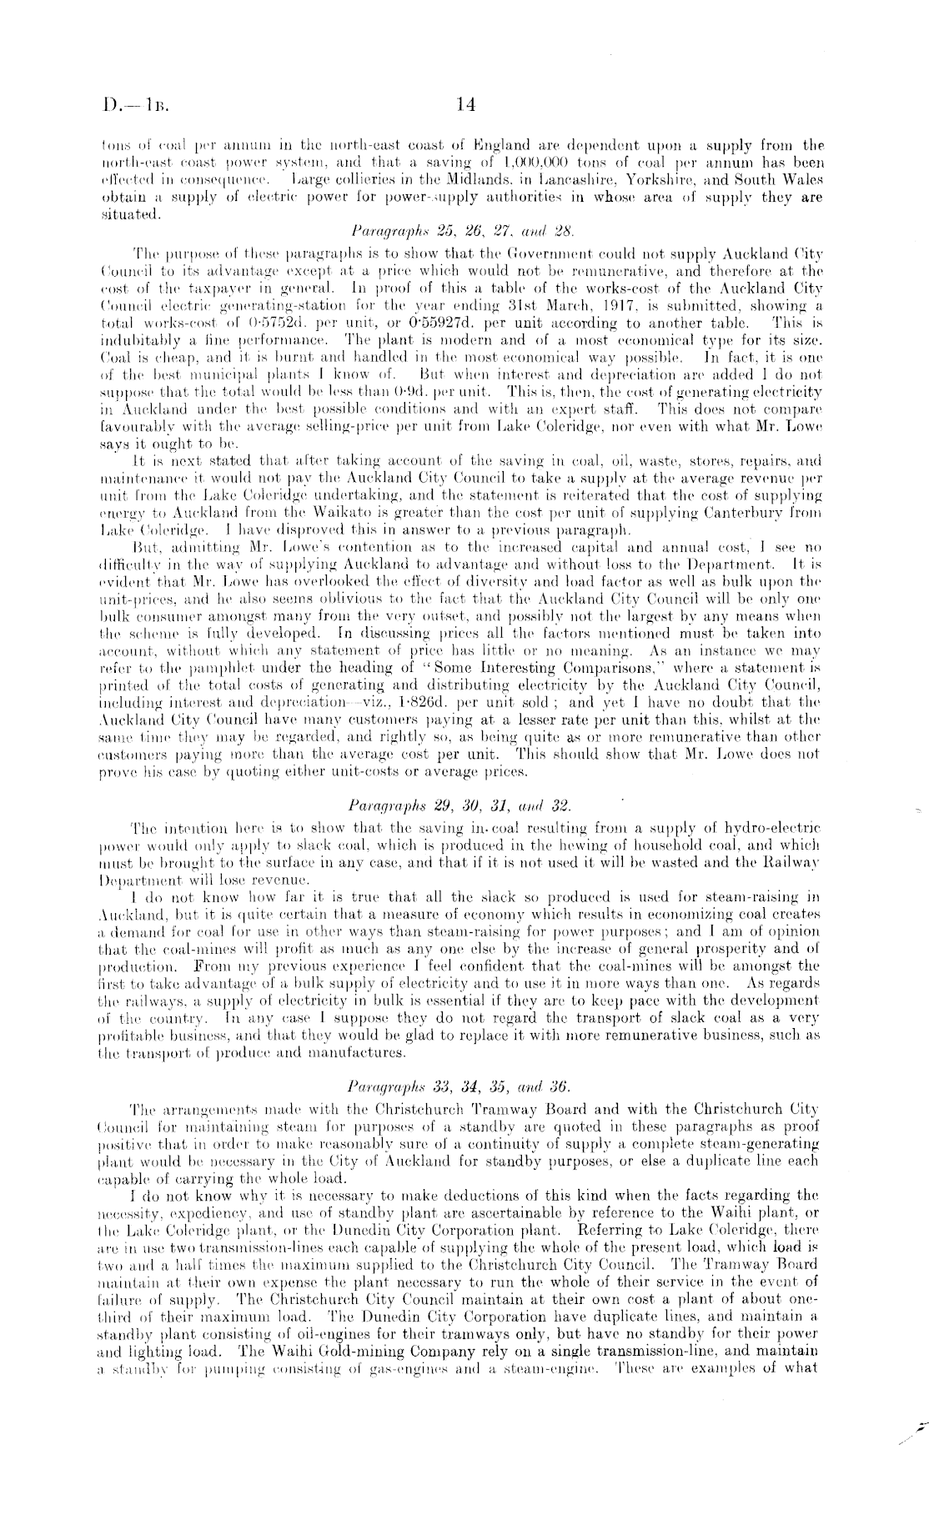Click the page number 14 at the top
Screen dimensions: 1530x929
(x=465, y=106)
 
